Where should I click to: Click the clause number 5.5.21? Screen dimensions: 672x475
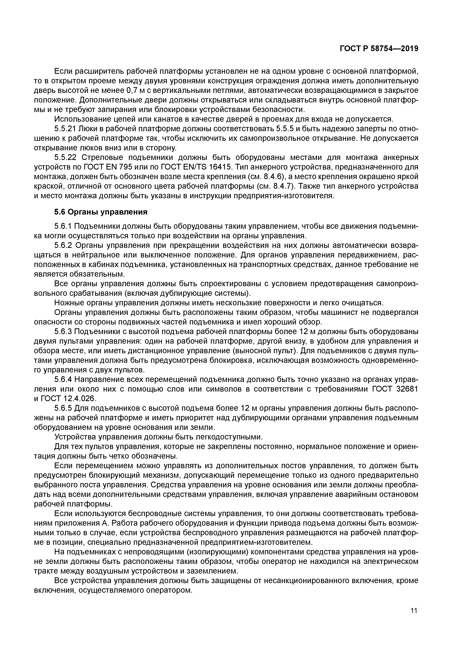[65, 129]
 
